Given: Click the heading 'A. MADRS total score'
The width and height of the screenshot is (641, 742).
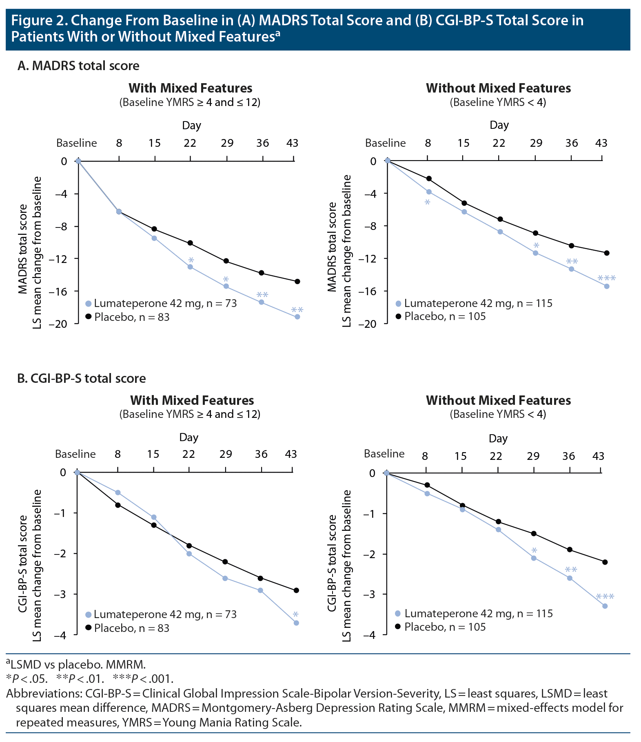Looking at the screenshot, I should tap(78, 66).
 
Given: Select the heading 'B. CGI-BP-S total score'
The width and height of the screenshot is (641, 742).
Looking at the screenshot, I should tap(82, 378).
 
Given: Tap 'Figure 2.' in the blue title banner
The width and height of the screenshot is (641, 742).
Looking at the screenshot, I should tap(39, 20).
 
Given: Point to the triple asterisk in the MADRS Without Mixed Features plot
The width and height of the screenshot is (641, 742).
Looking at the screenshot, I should tap(606, 279).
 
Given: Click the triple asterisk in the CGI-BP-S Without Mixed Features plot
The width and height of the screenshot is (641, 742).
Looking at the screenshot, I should tap(605, 597).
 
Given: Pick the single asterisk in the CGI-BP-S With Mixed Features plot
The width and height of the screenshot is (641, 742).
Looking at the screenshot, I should tap(296, 615).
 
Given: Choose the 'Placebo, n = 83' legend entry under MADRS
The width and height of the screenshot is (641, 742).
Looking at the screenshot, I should tap(131, 317).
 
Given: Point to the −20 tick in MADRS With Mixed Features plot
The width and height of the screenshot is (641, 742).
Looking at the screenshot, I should tap(59, 324).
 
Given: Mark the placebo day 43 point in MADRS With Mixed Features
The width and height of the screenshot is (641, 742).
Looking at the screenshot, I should tap(297, 281).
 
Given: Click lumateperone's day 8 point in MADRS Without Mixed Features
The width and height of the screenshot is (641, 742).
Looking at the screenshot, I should tap(429, 192).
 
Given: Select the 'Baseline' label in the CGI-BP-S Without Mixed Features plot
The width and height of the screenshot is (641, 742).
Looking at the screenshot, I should tap(384, 454).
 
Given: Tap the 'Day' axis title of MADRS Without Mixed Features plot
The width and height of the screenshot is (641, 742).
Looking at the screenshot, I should tap(499, 125).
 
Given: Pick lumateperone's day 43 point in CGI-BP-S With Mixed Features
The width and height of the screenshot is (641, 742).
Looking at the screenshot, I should tap(296, 623).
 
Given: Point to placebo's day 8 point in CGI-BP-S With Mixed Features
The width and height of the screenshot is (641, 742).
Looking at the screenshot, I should tap(118, 505).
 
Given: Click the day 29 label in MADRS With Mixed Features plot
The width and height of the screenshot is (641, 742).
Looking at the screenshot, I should tap(227, 143).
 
